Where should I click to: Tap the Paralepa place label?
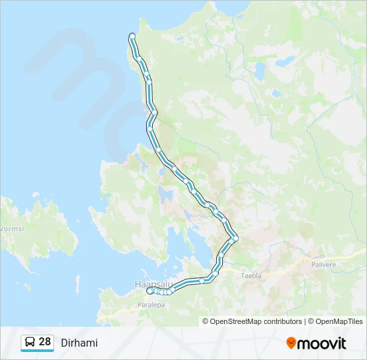click(151, 304)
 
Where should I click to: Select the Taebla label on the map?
click(252, 275)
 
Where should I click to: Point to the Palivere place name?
click(324, 264)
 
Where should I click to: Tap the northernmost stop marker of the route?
click(132, 35)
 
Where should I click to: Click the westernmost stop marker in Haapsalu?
click(149, 290)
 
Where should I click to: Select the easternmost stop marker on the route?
click(236, 238)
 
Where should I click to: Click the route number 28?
click(45, 342)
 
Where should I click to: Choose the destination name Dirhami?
click(79, 343)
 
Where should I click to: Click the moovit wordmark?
click(322, 343)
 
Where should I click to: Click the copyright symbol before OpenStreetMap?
click(206, 321)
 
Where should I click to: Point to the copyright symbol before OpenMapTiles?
click(311, 321)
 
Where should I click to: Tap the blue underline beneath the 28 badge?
click(37, 351)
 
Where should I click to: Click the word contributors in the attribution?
click(280, 321)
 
